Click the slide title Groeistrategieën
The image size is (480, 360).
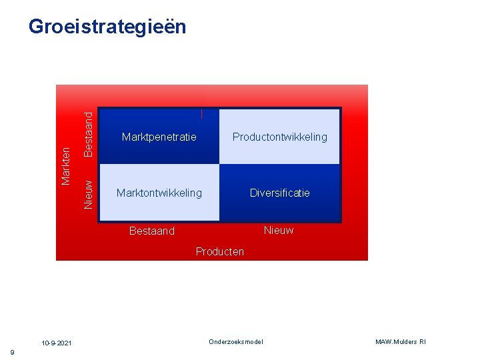[x=107, y=27]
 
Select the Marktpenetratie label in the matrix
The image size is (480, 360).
[x=159, y=137]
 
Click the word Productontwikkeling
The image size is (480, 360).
[x=279, y=137]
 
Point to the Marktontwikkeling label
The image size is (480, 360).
[x=159, y=193]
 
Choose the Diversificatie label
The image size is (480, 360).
[x=279, y=193]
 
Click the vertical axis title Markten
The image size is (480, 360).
[x=66, y=166]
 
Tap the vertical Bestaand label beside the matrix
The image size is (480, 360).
[x=88, y=135]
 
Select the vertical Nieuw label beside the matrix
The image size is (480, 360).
[x=88, y=193]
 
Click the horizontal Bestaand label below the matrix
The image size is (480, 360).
[x=152, y=231]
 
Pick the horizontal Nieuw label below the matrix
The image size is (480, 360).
[x=279, y=231]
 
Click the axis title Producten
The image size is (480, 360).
[x=220, y=252]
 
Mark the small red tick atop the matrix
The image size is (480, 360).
[x=201, y=114]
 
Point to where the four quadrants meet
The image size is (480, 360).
[x=219, y=164]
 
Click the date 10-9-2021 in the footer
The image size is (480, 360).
[x=57, y=343]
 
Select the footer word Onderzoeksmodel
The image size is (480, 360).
[x=236, y=342]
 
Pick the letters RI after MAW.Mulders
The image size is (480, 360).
[x=422, y=342]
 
